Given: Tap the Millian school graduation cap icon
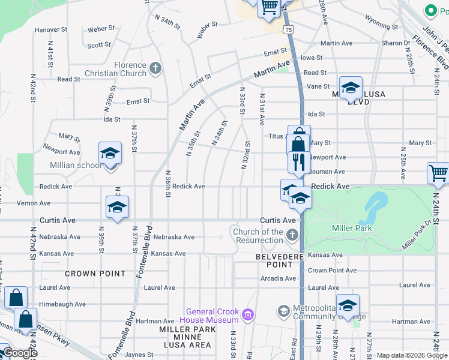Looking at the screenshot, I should (x=110, y=153).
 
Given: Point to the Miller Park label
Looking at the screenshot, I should (x=352, y=228).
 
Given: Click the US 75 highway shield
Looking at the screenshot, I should (x=290, y=29).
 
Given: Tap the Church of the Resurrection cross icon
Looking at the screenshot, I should (x=292, y=235).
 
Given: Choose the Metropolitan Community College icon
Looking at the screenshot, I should (x=283, y=311).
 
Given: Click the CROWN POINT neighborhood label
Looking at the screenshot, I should (x=95, y=274).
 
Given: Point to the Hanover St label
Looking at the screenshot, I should (x=51, y=29).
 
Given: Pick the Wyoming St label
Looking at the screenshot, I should (x=378, y=23).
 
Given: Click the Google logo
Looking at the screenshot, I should (x=20, y=353).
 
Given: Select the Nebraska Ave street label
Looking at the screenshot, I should (x=174, y=237).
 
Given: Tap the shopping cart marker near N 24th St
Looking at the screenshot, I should (x=439, y=173).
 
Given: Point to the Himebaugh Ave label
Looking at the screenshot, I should (x=62, y=304).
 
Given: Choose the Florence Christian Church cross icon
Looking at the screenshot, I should (x=155, y=67).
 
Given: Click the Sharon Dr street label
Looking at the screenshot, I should (x=396, y=43).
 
